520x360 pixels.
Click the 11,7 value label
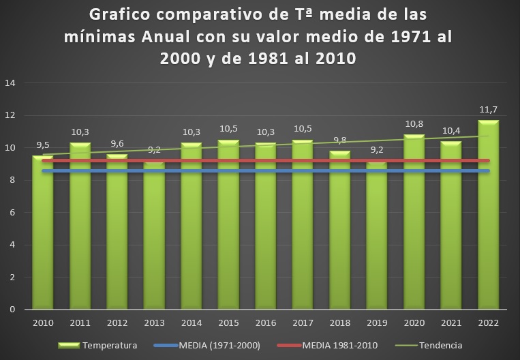488,109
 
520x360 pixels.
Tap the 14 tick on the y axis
10,83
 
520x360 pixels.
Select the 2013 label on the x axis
154,322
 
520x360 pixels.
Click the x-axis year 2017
303,322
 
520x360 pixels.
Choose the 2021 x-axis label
451,322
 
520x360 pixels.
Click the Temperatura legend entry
110,345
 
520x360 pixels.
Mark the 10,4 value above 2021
451,130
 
